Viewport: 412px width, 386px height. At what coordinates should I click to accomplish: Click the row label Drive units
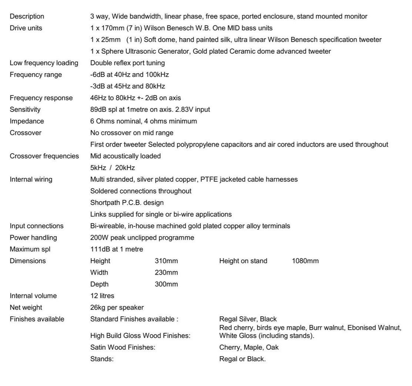pyautogui.click(x=26, y=28)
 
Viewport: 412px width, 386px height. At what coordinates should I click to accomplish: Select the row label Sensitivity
pyautogui.click(x=25, y=110)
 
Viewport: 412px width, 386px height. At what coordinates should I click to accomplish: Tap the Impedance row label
pyautogui.click(x=27, y=121)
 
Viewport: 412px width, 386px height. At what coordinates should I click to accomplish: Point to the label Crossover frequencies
pyautogui.click(x=44, y=156)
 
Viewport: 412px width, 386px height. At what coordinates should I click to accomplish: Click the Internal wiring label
pyautogui.click(x=31, y=179)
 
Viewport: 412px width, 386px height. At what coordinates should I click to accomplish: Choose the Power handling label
pyautogui.click(x=33, y=238)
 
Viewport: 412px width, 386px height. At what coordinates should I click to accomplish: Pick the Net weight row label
pyautogui.click(x=26, y=308)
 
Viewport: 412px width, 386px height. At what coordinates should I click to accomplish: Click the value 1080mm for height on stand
pyautogui.click(x=305, y=261)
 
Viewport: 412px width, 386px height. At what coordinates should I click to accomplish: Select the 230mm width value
pyautogui.click(x=166, y=273)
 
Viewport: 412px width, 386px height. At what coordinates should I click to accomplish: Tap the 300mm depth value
pyautogui.click(x=166, y=284)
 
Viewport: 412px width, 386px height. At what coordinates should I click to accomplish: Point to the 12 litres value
pyautogui.click(x=102, y=296)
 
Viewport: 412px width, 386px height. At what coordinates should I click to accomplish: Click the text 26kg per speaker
pyautogui.click(x=117, y=308)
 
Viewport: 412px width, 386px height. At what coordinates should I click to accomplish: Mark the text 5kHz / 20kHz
pyautogui.click(x=113, y=168)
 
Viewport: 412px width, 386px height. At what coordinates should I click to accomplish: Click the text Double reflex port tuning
pyautogui.click(x=127, y=63)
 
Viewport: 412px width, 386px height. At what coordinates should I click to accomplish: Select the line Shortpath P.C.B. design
pyautogui.click(x=127, y=203)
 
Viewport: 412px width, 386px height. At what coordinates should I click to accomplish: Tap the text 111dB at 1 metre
pyautogui.click(x=117, y=249)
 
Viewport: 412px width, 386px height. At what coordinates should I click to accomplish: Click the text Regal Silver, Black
pyautogui.click(x=248, y=319)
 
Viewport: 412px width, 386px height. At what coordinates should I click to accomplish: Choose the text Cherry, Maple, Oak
pyautogui.click(x=249, y=348)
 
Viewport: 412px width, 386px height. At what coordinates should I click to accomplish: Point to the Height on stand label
pyautogui.click(x=243, y=261)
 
